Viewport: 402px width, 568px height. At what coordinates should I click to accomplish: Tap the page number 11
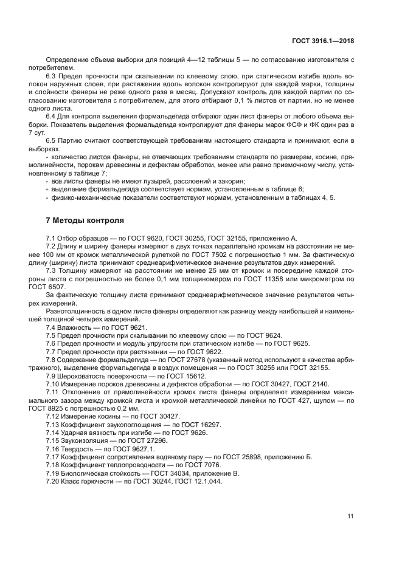pos(350,516)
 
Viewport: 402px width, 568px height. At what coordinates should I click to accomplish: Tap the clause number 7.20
pos(54,481)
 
